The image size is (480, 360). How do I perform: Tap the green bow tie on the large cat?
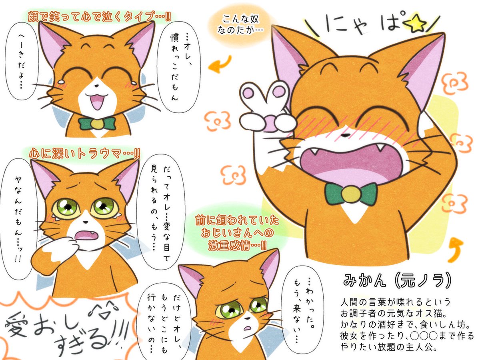pyautogui.click(x=351, y=194)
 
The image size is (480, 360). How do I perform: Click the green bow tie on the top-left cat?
pyautogui.click(x=97, y=124)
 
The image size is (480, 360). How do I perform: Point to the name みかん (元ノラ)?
pyautogui.click(x=394, y=280)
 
